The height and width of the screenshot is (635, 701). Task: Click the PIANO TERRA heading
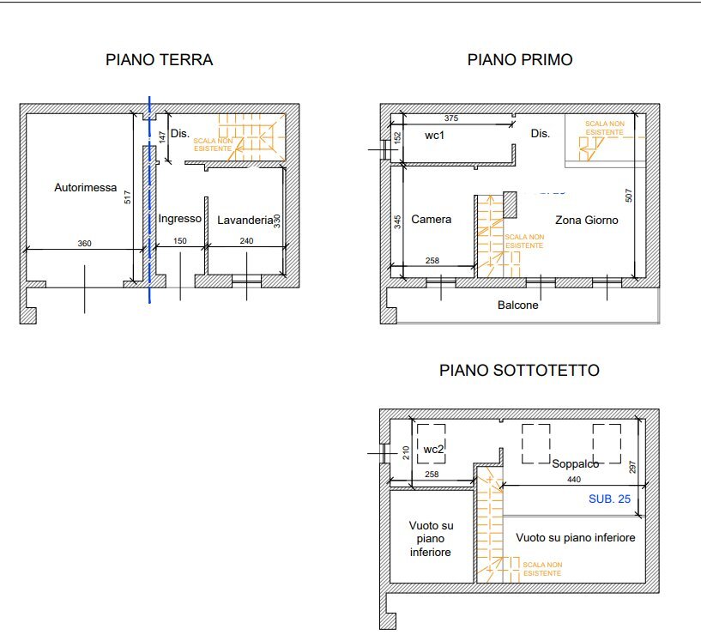[x=159, y=60]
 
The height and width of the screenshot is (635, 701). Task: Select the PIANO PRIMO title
[x=520, y=60]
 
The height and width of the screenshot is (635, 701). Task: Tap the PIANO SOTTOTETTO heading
[x=519, y=371]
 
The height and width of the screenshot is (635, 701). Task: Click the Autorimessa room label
[x=85, y=187]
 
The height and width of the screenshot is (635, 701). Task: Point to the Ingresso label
[x=179, y=219]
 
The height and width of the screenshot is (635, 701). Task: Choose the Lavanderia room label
[x=245, y=220]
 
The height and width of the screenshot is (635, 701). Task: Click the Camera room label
[x=431, y=220]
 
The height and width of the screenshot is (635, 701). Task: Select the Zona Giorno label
[x=587, y=220]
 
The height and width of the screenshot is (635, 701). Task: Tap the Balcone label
[x=518, y=305]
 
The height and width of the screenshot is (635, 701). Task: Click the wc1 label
[x=436, y=136]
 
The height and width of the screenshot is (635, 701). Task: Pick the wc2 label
[x=433, y=449]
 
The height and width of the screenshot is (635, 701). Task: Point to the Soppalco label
[x=575, y=463]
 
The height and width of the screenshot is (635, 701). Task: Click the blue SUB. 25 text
[x=610, y=499]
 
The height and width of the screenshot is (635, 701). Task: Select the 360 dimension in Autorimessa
[x=84, y=244]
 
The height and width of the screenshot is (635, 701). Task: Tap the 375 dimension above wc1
[x=451, y=118]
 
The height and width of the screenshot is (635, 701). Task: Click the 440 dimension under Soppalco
[x=571, y=478]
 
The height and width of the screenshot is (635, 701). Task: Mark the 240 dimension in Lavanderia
[x=246, y=242]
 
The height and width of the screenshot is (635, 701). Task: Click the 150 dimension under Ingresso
[x=179, y=242]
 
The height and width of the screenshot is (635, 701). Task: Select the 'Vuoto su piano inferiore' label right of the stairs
[x=576, y=538]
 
